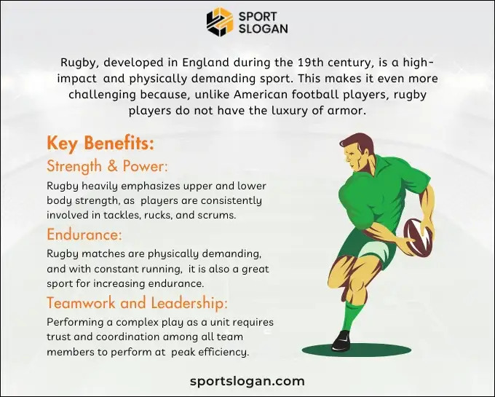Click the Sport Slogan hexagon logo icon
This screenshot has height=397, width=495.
pyautogui.click(x=220, y=21)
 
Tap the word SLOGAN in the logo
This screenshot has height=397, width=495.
pyautogui.click(x=263, y=28)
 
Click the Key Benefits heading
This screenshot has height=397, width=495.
pyautogui.click(x=100, y=143)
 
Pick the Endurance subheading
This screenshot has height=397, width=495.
pyautogui.click(x=84, y=235)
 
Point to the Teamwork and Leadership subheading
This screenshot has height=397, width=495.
pyautogui.click(x=138, y=302)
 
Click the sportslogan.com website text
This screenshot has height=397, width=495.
pyautogui.click(x=247, y=380)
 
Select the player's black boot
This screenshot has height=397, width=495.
pyautogui.click(x=341, y=340)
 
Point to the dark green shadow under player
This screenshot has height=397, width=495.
pyautogui.click(x=364, y=350)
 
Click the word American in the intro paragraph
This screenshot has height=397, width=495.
pyautogui.click(x=261, y=95)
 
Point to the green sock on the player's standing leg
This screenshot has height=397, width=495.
pyautogui.click(x=352, y=315)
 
